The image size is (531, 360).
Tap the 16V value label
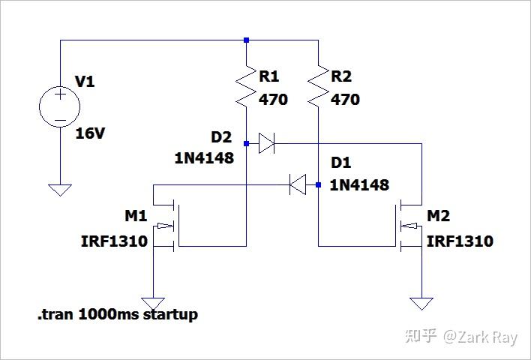point(91,134)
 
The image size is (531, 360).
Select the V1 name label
point(85,81)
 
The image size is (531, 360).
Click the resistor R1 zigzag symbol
point(246,85)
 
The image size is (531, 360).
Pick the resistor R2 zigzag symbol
point(319,85)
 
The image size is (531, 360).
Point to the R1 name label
point(269,76)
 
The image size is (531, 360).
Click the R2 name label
point(341,76)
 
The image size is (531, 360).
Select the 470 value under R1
point(273,100)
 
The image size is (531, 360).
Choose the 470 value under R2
point(345,100)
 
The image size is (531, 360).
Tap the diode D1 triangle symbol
point(298,184)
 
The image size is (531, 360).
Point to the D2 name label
point(221,137)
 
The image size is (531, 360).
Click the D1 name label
point(340,163)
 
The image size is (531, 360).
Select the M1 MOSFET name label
point(136,217)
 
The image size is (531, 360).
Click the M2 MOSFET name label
point(439,217)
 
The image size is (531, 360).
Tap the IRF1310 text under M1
point(114,241)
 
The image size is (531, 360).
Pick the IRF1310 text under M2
point(460,241)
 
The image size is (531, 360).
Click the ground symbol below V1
point(59,190)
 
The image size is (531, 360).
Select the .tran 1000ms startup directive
point(118,314)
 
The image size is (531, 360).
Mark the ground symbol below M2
point(421,304)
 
